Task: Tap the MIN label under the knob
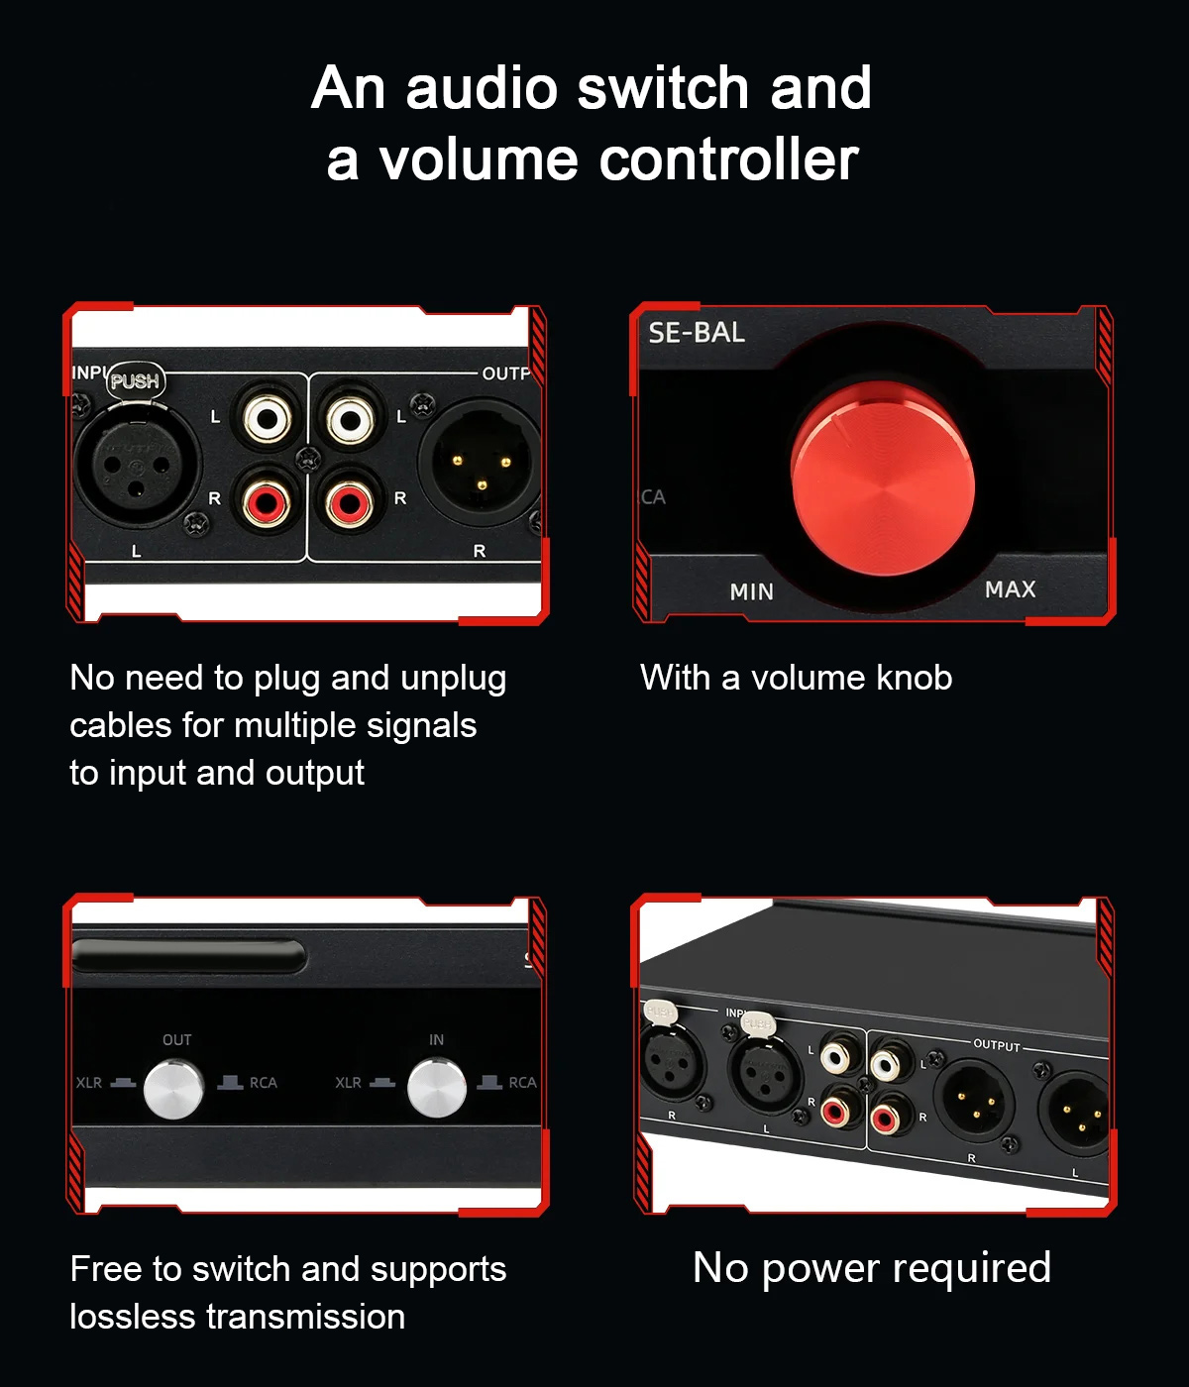751,591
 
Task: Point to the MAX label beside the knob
1010,589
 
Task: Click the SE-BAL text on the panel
697,333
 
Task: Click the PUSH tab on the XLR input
136,381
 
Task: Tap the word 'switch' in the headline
662,88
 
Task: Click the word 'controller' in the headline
728,161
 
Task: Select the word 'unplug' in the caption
453,679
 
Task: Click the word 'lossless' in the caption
132,1316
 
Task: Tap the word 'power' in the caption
820,1269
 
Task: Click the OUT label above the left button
177,1039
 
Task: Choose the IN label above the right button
436,1039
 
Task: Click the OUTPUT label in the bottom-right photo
997,1045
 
